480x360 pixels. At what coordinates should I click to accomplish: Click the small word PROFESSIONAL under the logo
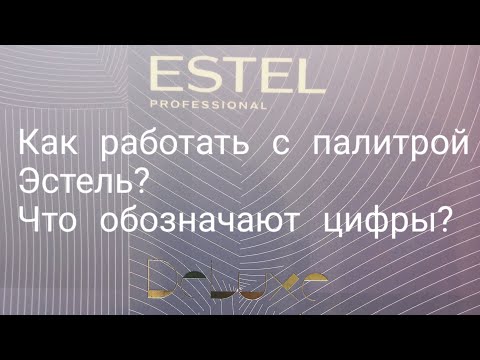click(208, 103)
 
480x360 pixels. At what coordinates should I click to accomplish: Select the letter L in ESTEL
click(297, 76)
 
